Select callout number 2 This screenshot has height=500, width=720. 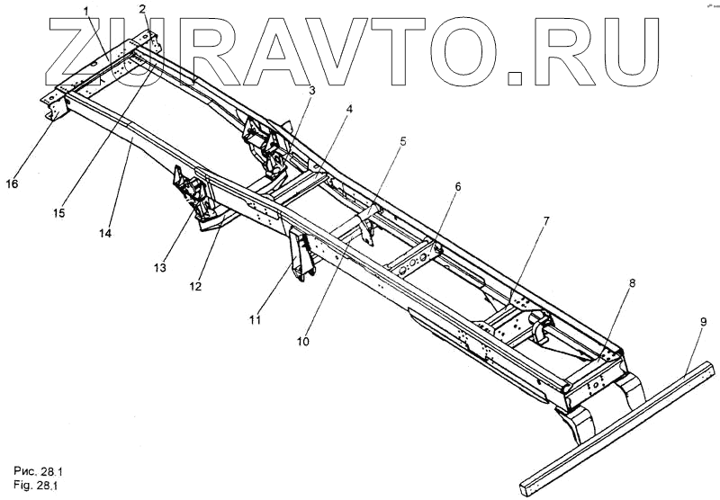(143, 8)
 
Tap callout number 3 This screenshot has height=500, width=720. (311, 90)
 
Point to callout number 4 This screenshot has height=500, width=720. (349, 110)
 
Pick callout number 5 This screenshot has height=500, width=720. (403, 141)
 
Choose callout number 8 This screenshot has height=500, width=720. (631, 282)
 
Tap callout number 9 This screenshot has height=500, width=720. (702, 320)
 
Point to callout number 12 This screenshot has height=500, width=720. (195, 287)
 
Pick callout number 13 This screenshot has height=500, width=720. (159, 268)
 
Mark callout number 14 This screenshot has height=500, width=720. (107, 232)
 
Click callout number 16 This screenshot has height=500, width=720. (12, 183)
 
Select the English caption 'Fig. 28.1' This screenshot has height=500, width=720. (39, 486)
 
